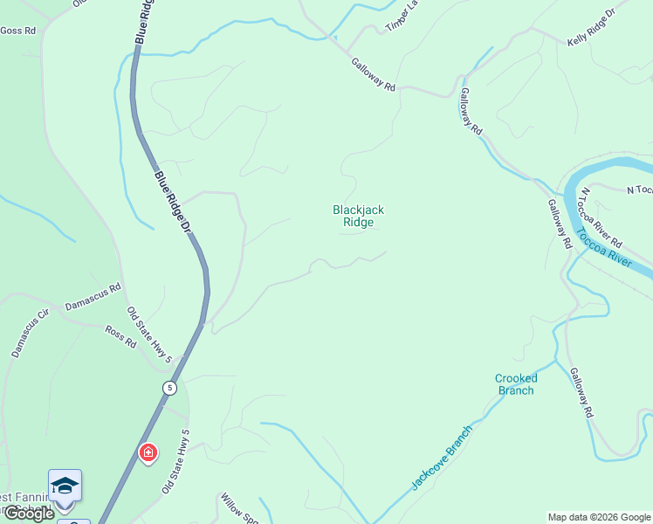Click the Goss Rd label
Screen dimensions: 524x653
[x=17, y=31]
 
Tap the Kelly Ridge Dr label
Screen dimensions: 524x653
[x=591, y=27]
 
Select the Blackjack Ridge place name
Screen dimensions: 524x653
[x=358, y=216]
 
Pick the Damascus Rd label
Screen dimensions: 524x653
[x=93, y=297]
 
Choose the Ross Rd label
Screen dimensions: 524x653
[x=120, y=337]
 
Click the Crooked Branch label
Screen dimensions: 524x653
[x=515, y=384]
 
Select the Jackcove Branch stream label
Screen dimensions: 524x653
[x=442, y=457]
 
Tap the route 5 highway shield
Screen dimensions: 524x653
[x=169, y=387]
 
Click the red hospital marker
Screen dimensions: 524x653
[x=148, y=452]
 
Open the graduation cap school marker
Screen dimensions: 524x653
[x=65, y=486]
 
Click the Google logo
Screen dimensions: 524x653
[x=28, y=514]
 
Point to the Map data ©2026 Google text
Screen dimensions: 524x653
[x=599, y=517]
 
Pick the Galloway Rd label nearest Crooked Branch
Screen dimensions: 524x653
[x=581, y=392]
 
